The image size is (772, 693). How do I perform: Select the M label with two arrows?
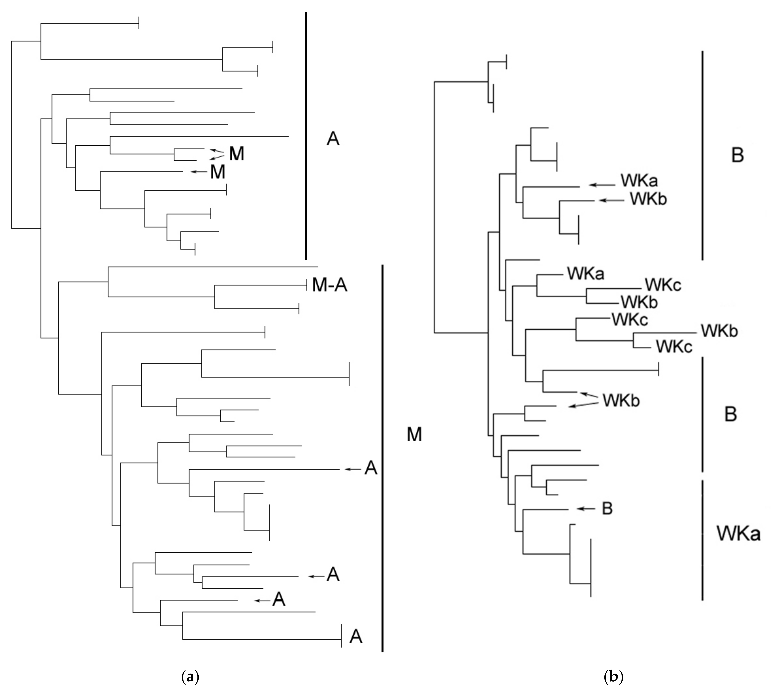pyautogui.click(x=236, y=154)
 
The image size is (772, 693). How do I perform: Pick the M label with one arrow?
pyautogui.click(x=218, y=172)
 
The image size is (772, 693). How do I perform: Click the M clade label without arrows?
pyautogui.click(x=414, y=434)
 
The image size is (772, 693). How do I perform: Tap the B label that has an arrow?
pyautogui.click(x=607, y=508)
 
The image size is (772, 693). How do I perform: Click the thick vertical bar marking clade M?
pyautogui.click(x=382, y=457)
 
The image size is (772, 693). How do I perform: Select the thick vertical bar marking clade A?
pyautogui.click(x=306, y=135)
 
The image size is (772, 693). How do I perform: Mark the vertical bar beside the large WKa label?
pyautogui.click(x=702, y=541)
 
